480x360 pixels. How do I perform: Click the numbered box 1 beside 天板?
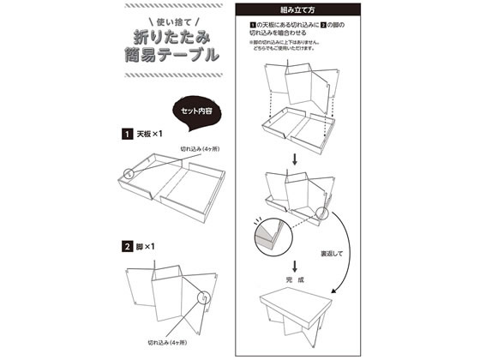(126, 135)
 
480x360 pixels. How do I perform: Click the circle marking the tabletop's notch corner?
(129, 171)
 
